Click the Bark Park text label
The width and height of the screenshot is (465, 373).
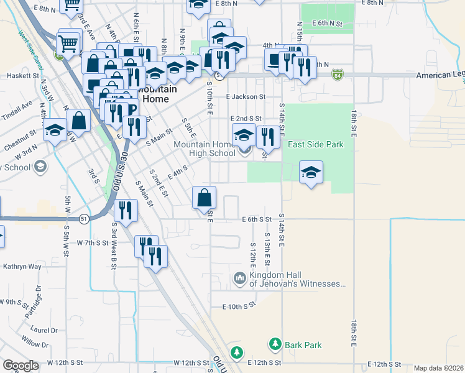pos(303,344)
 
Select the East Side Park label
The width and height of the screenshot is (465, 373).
pos(315,144)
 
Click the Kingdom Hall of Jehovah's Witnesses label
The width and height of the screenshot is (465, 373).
pos(298,280)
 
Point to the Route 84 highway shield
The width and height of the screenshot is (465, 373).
pos(338,75)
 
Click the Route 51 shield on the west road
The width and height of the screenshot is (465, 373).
pos(83,218)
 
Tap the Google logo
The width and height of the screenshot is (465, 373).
pos(21,366)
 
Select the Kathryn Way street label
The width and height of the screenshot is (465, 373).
pos(22,267)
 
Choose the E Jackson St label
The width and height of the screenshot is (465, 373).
pos(246,97)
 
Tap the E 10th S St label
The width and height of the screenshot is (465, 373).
pos(239,306)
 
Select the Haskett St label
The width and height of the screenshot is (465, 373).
pos(23,75)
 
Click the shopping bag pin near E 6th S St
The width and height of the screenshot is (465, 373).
pos(205,199)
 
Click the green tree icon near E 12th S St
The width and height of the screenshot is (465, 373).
pos(236,352)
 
